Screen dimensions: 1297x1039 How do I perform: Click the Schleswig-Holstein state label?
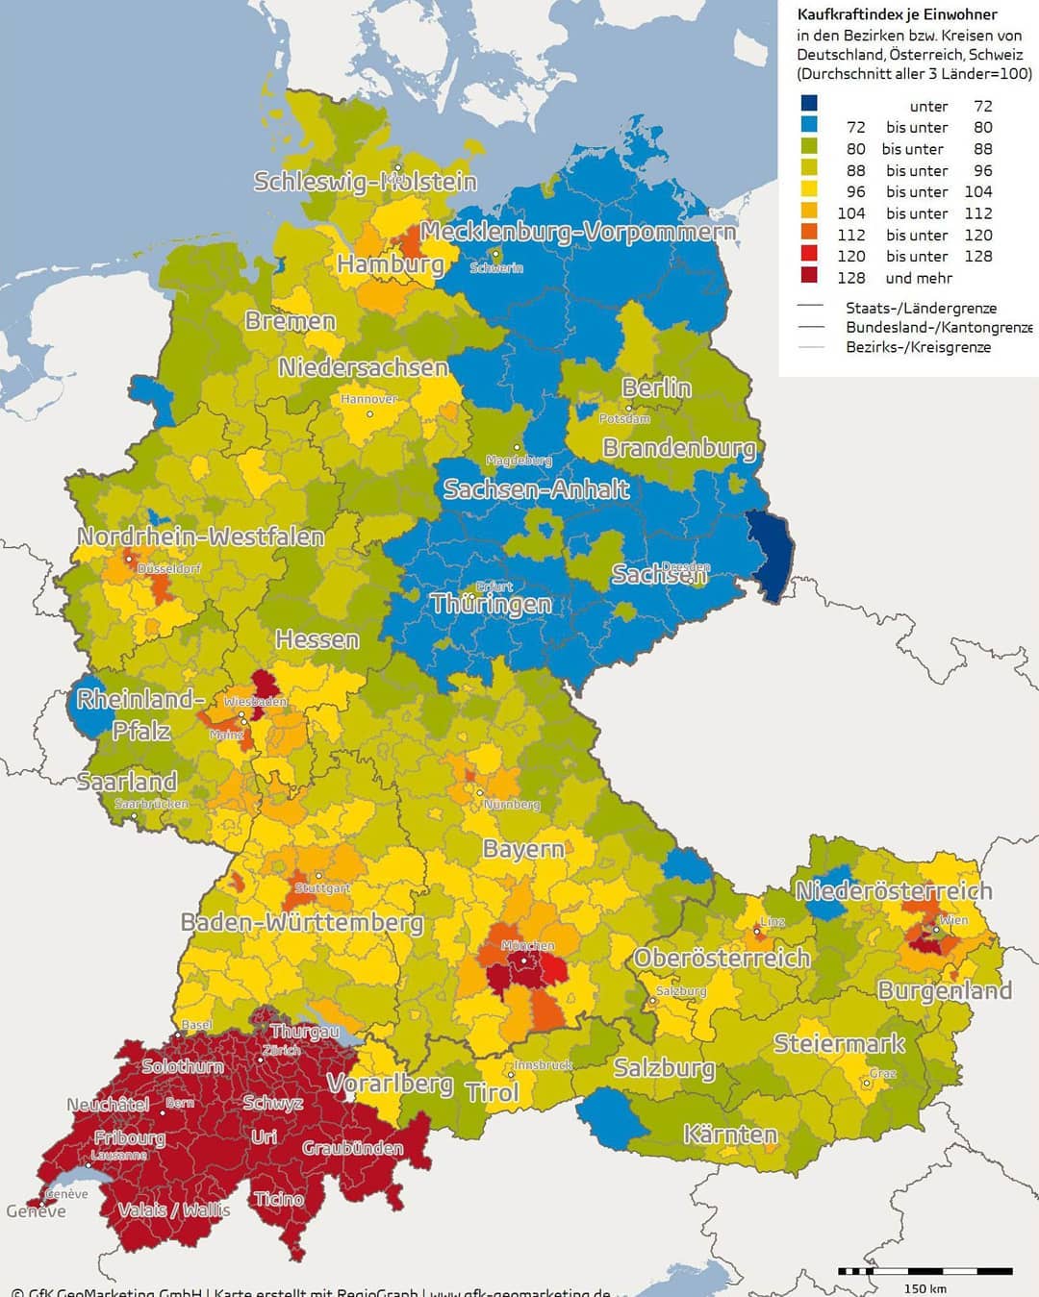tap(365, 182)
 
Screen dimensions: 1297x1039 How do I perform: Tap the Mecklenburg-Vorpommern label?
tap(578, 232)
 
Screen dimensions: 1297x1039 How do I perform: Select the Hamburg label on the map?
tap(391, 263)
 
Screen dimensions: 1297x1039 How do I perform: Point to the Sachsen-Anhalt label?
tap(536, 489)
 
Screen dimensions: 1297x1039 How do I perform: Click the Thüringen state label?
tap(492, 604)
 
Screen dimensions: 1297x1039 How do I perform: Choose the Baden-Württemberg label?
tap(302, 923)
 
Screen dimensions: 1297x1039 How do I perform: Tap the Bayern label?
tap(523, 849)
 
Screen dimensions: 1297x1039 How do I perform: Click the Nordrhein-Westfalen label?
tap(201, 536)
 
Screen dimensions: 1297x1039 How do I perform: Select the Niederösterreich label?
tap(894, 891)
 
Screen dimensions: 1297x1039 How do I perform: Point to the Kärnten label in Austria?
tap(730, 1135)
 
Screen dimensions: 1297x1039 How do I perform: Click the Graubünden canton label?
tap(353, 1148)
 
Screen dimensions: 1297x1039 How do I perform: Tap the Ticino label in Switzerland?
tap(279, 1199)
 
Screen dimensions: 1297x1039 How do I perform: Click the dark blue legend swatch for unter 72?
tap(809, 105)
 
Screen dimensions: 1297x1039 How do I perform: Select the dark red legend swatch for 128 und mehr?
tap(809, 277)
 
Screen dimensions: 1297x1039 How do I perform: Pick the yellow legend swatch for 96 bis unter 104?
tap(809, 191)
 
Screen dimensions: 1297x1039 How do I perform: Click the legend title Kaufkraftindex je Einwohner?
tap(897, 14)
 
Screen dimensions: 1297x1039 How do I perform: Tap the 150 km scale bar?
tap(925, 1271)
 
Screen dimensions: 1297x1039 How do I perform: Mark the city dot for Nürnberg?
tap(480, 793)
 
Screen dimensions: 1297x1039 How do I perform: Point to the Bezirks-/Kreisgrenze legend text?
tap(918, 347)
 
